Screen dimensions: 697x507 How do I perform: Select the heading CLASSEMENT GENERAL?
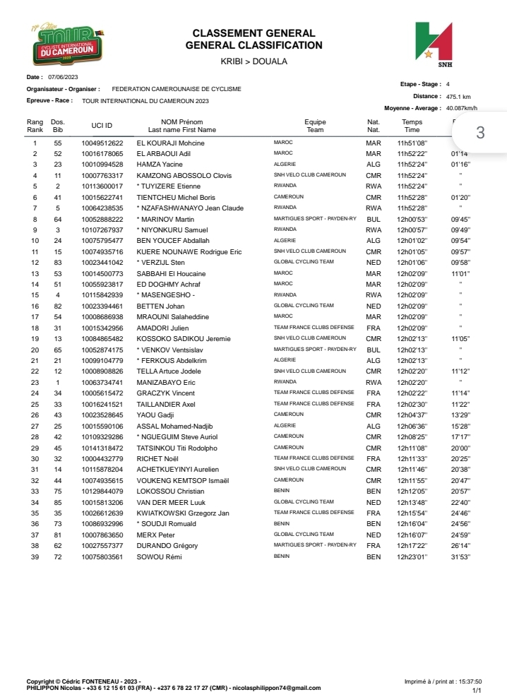253,33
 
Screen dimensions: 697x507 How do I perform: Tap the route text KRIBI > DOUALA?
253,61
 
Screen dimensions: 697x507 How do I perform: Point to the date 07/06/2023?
62,76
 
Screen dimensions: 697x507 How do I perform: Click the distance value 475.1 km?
458,96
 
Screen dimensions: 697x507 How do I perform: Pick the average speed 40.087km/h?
462,108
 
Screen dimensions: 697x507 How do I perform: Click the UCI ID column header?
102,126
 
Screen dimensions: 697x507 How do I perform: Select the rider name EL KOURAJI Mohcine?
170,143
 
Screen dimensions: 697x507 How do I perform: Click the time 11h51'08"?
411,143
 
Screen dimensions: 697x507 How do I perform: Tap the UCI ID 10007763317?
102,175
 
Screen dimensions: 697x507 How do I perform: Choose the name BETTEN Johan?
160,306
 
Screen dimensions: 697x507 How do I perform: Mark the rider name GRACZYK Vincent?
165,393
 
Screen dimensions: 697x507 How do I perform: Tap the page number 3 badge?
480,133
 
